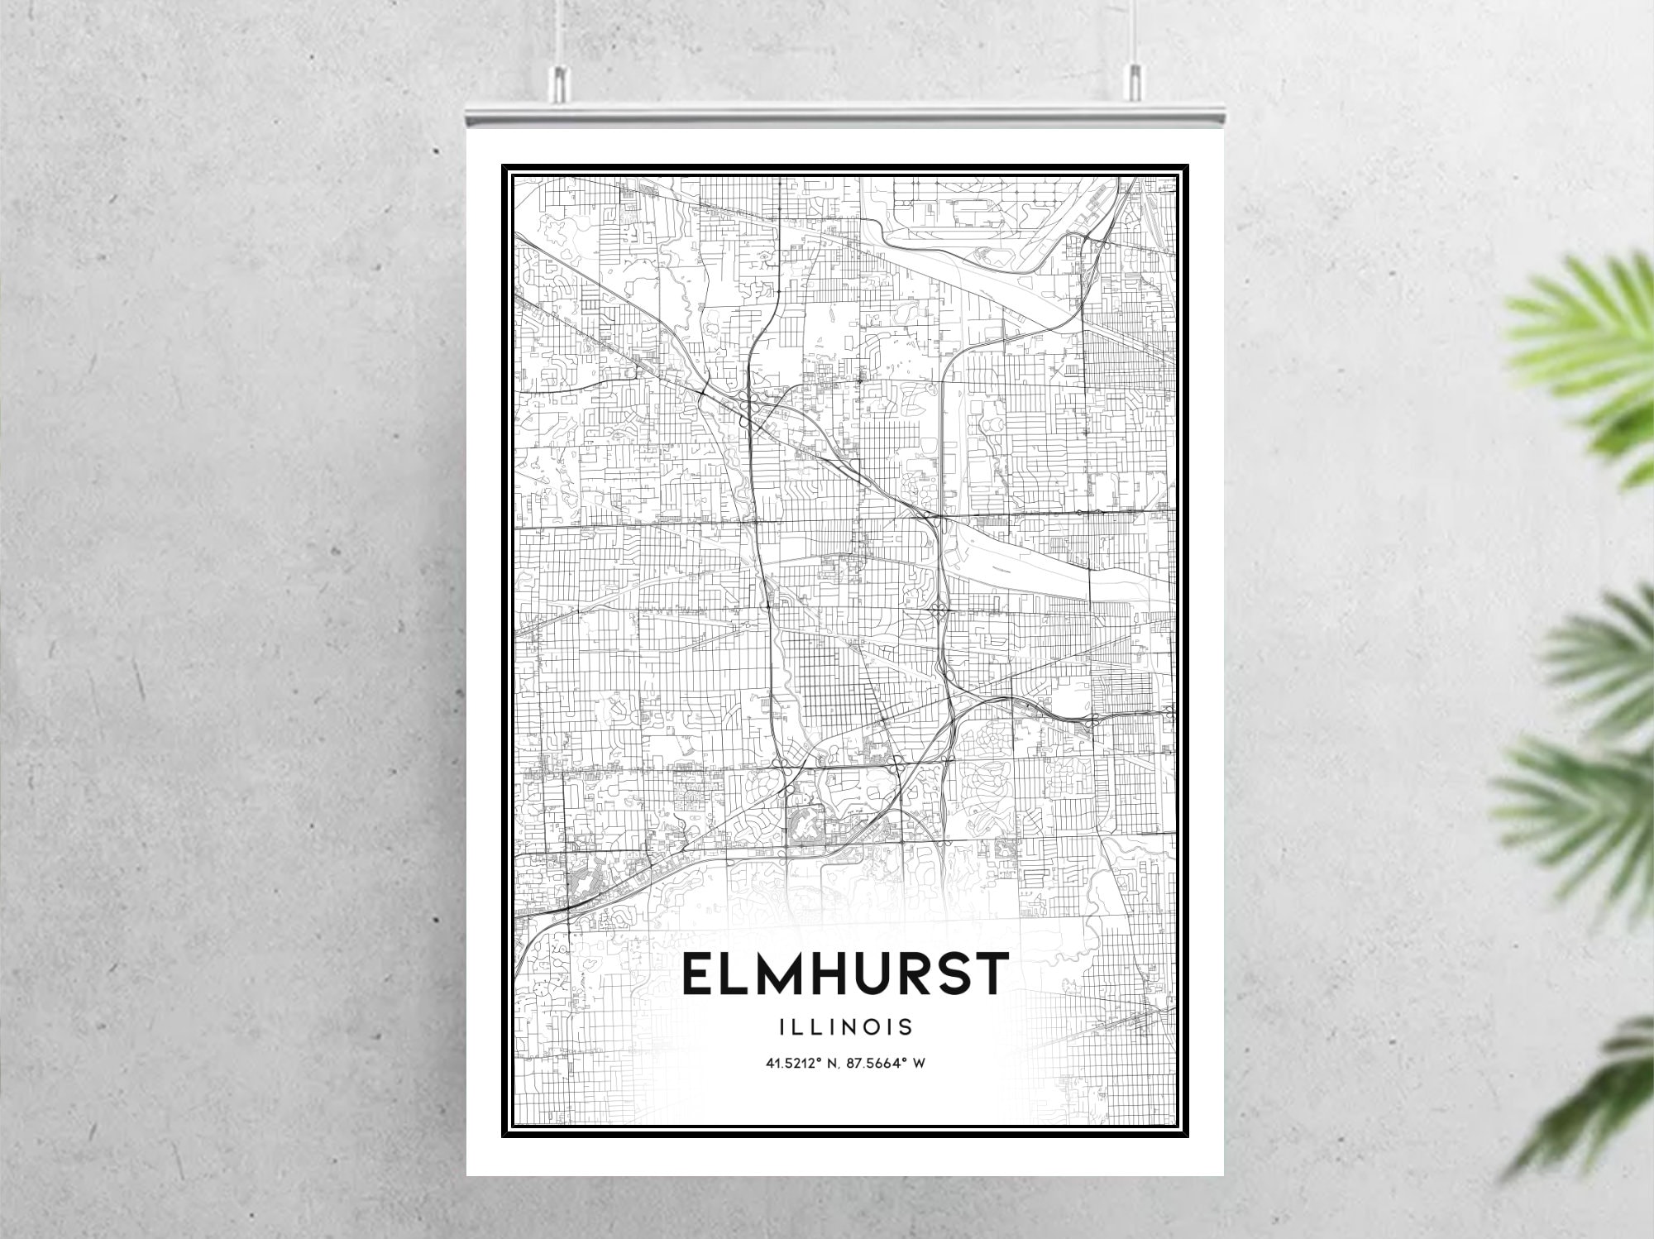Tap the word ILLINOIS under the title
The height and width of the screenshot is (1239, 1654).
click(845, 1027)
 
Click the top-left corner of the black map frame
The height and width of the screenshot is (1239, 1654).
click(504, 166)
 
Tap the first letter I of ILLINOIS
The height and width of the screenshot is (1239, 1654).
click(782, 1027)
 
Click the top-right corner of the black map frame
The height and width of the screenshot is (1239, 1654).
click(1188, 166)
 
